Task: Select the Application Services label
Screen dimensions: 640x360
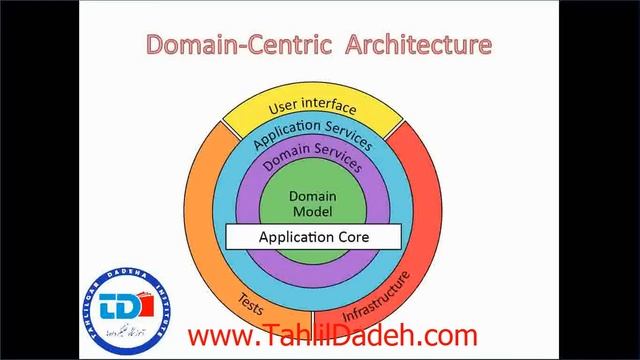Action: (x=313, y=131)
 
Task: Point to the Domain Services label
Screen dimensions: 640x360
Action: (x=313, y=156)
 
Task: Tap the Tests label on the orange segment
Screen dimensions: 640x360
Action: (x=251, y=299)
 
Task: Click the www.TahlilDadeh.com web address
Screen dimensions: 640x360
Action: (x=332, y=336)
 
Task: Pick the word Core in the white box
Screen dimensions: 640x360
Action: (x=353, y=237)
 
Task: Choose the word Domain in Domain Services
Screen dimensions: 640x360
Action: (x=284, y=160)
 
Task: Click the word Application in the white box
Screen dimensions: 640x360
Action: (x=296, y=238)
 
